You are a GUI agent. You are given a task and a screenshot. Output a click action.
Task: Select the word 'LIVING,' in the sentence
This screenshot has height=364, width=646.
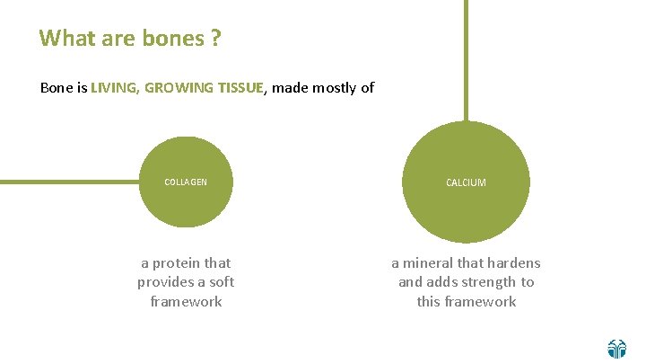[114, 88]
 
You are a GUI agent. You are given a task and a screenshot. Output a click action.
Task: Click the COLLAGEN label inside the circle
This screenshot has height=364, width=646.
[186, 182]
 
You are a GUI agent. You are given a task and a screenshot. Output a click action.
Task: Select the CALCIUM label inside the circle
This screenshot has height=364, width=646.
[466, 182]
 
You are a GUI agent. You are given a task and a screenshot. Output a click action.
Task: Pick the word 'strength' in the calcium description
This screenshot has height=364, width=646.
[487, 282]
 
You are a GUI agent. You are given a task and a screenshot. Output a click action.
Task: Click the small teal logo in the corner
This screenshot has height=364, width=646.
[617, 349]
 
